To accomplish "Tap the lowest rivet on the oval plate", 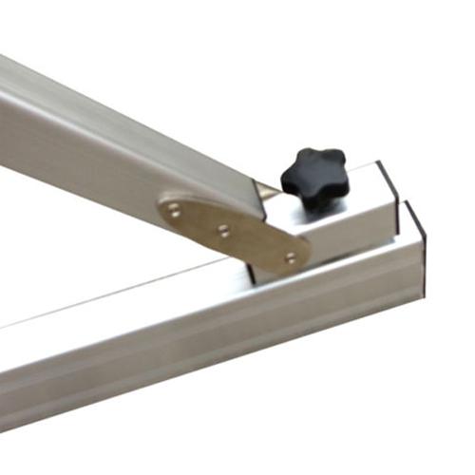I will (289, 256).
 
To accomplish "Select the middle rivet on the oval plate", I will (223, 229).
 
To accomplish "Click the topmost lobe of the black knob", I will (309, 152).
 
